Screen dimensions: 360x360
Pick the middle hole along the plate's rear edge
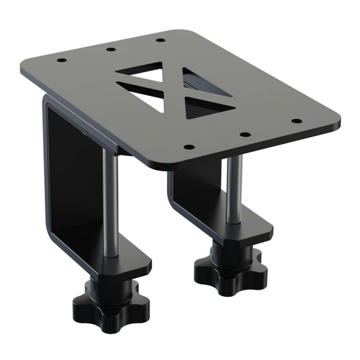(111, 49)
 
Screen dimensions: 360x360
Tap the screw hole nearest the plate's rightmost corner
(296, 121)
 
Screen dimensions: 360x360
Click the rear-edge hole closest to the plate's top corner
(160, 40)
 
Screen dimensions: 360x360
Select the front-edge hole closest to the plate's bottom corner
(189, 147)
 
